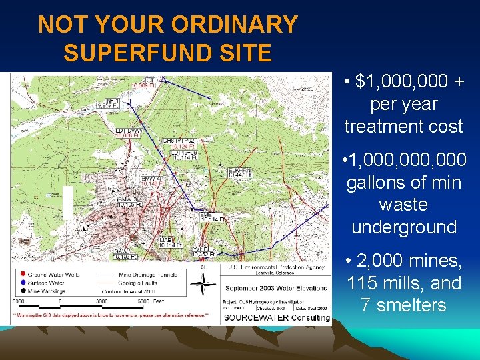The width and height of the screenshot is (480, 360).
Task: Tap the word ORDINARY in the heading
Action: pos(234,25)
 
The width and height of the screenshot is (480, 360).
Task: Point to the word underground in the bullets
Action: pos(404,227)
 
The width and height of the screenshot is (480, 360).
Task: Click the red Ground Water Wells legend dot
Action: pos(24,273)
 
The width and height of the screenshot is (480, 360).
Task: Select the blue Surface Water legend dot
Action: pos(24,282)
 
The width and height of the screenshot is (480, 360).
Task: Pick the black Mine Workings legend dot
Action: pos(24,291)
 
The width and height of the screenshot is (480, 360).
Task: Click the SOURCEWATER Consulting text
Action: pos(276,317)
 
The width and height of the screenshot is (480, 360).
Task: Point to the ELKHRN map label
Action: pos(239,171)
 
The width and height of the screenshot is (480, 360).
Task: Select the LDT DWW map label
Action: pos(129,130)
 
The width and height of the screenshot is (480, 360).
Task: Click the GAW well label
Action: pos(121,251)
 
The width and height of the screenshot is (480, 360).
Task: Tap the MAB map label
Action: pos(166,239)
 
